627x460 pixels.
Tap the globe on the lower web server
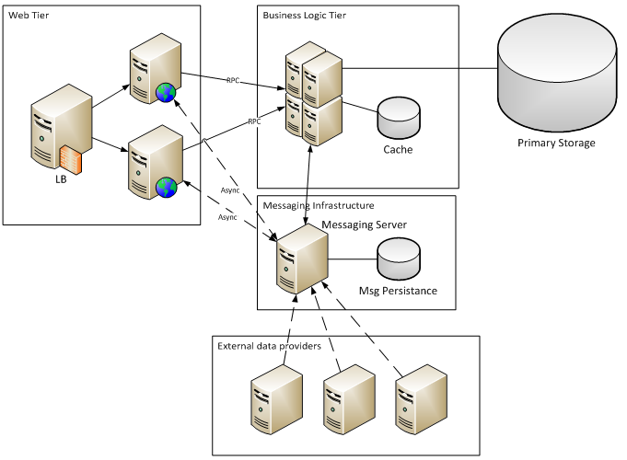click(167, 188)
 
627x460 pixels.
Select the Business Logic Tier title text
click(306, 16)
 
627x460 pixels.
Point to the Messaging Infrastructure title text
click(319, 205)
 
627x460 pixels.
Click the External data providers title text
click(270, 346)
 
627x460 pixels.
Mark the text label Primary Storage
click(556, 143)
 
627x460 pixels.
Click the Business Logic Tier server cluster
click(314, 90)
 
